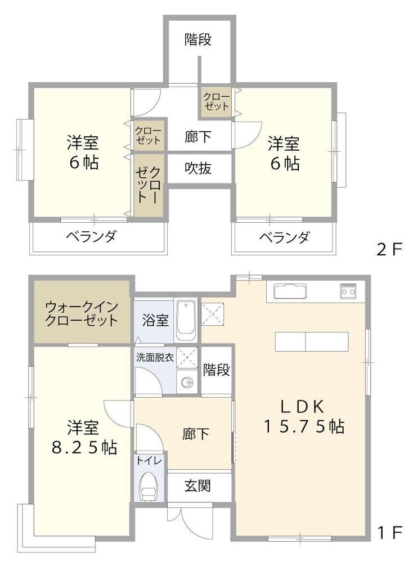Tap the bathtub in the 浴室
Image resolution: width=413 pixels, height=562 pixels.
(x=186, y=321)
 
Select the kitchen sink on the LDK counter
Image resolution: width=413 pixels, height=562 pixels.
(x=290, y=291)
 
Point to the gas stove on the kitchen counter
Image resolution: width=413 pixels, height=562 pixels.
(x=348, y=291)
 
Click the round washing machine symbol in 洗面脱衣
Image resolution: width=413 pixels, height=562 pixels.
(x=187, y=383)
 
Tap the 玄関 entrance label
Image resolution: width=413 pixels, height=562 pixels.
(x=197, y=485)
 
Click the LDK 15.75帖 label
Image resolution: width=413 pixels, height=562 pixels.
(x=304, y=416)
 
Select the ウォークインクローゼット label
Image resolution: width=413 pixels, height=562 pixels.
(x=82, y=313)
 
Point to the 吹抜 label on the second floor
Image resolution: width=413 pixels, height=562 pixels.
(x=198, y=168)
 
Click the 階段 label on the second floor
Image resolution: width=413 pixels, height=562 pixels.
(x=198, y=39)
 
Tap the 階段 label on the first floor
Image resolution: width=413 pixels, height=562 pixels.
(x=216, y=370)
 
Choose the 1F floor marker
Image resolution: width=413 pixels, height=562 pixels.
(x=390, y=532)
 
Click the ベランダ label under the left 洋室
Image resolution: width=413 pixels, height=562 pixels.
(x=92, y=236)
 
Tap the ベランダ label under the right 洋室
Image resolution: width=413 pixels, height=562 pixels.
(x=284, y=237)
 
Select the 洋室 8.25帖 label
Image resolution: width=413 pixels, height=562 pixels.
(x=84, y=437)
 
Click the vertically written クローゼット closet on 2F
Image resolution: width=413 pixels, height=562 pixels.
(x=149, y=185)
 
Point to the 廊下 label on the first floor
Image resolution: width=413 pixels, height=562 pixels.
(x=195, y=434)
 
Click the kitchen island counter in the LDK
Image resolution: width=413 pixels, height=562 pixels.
(x=312, y=341)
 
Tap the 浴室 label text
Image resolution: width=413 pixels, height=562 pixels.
(x=155, y=320)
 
